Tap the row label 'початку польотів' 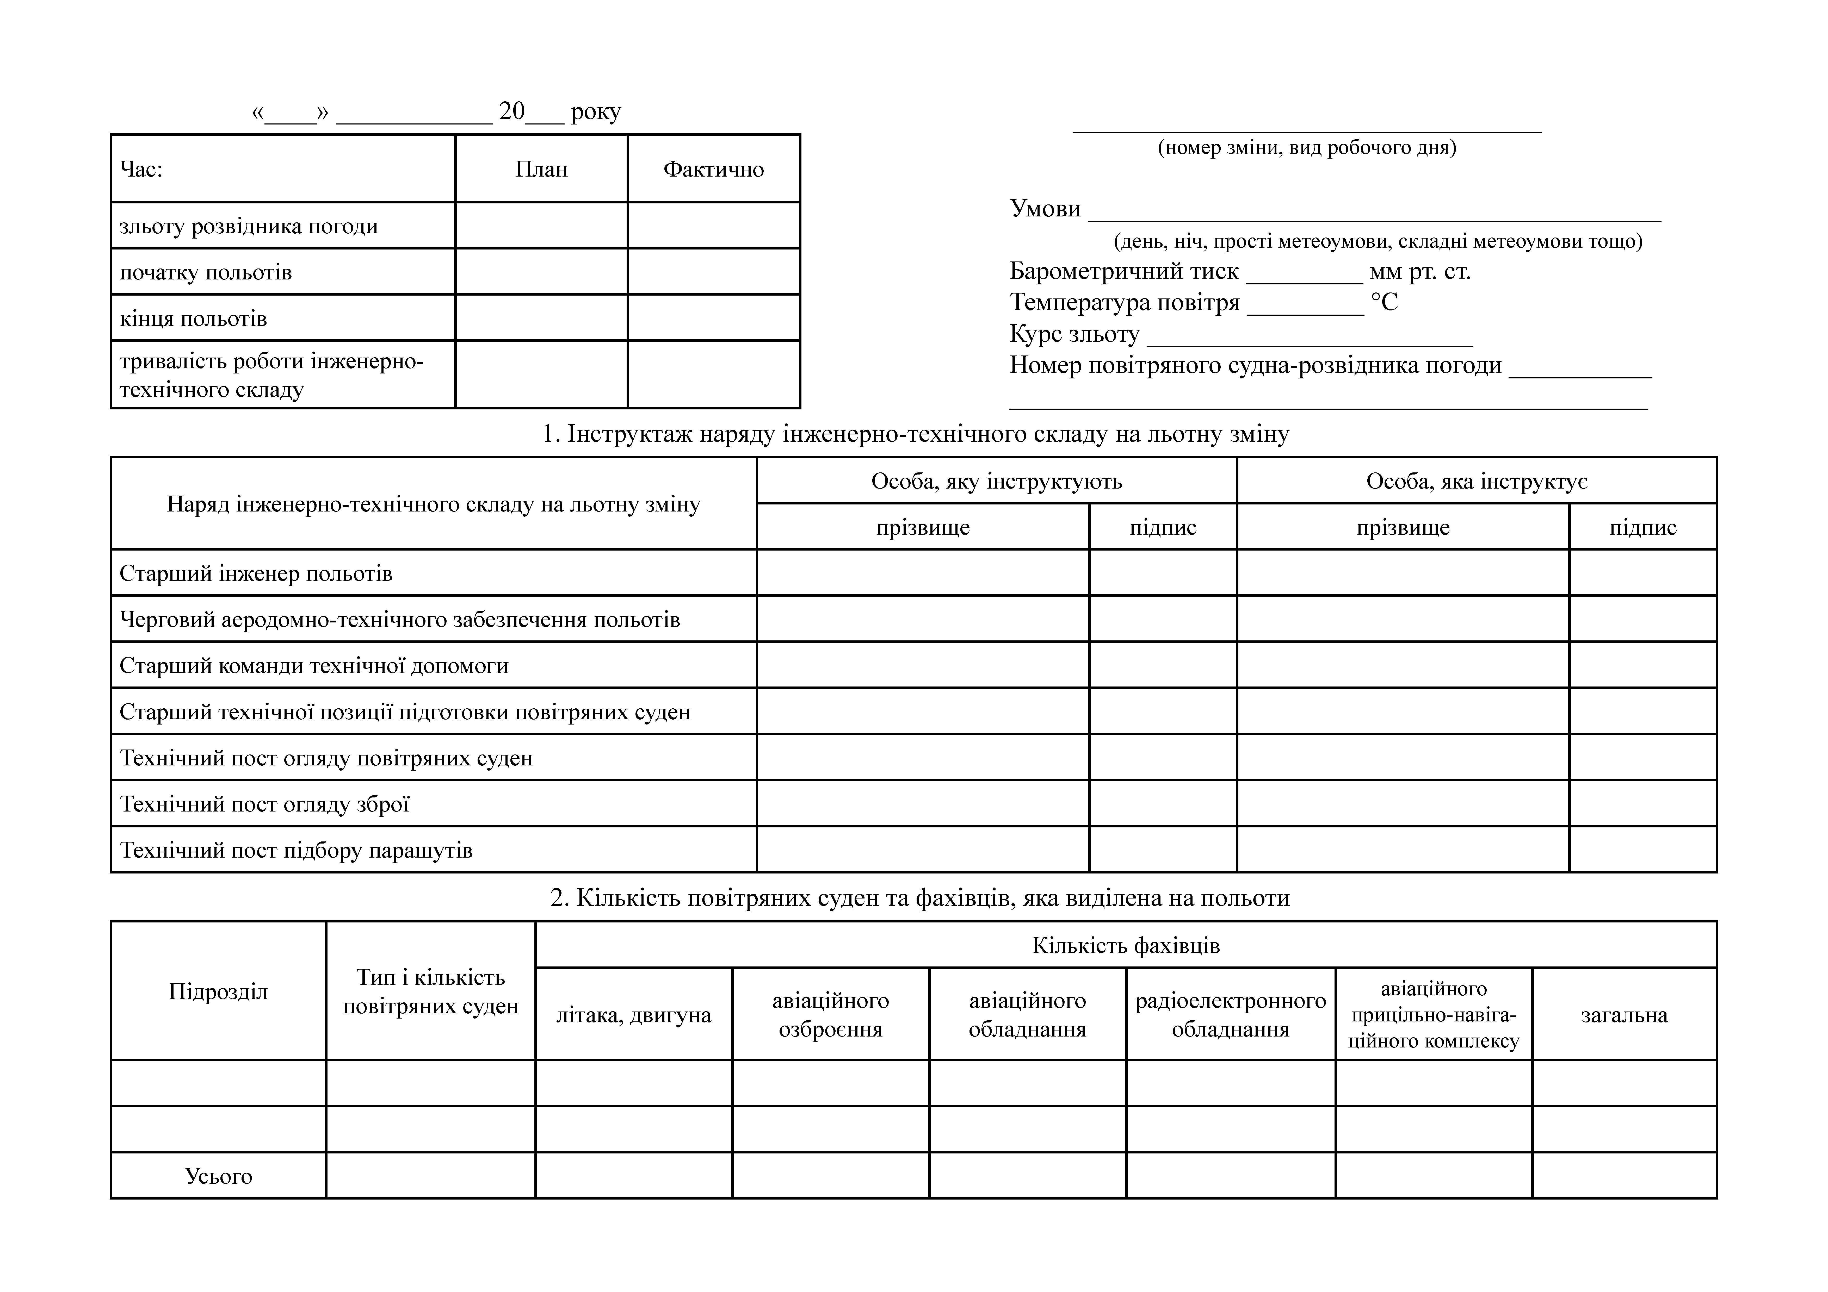pyautogui.click(x=205, y=272)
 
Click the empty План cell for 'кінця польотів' pyautogui.click(x=541, y=318)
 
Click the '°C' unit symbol pyautogui.click(x=1384, y=303)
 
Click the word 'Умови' pyautogui.click(x=1045, y=209)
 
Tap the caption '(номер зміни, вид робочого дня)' pyautogui.click(x=1306, y=147)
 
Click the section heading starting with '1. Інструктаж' pyautogui.click(x=916, y=434)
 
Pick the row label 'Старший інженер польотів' pyautogui.click(x=256, y=573)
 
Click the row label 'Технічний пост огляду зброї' pyautogui.click(x=264, y=804)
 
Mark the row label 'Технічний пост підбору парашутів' pyautogui.click(x=296, y=850)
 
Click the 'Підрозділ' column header pyautogui.click(x=218, y=991)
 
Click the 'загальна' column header pyautogui.click(x=1624, y=1015)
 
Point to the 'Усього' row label pyautogui.click(x=218, y=1176)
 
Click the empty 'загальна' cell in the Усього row pyautogui.click(x=1624, y=1176)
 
